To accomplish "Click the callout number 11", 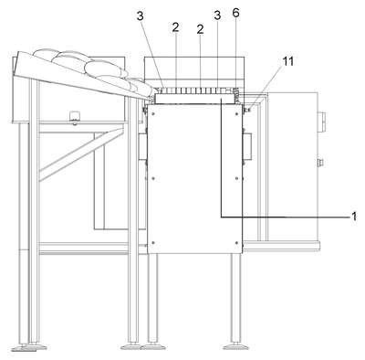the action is (288, 61).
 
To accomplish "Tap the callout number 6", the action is (235, 13).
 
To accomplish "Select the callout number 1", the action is (353, 217).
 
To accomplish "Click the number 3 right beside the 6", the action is (217, 16).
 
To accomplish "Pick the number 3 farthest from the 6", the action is (140, 16).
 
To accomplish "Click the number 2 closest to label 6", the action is (200, 29).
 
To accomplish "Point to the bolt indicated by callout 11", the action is (247, 110).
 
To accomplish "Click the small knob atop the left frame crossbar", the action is (74, 117).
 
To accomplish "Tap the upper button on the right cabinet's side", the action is (321, 119).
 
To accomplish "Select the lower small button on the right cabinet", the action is (320, 164).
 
